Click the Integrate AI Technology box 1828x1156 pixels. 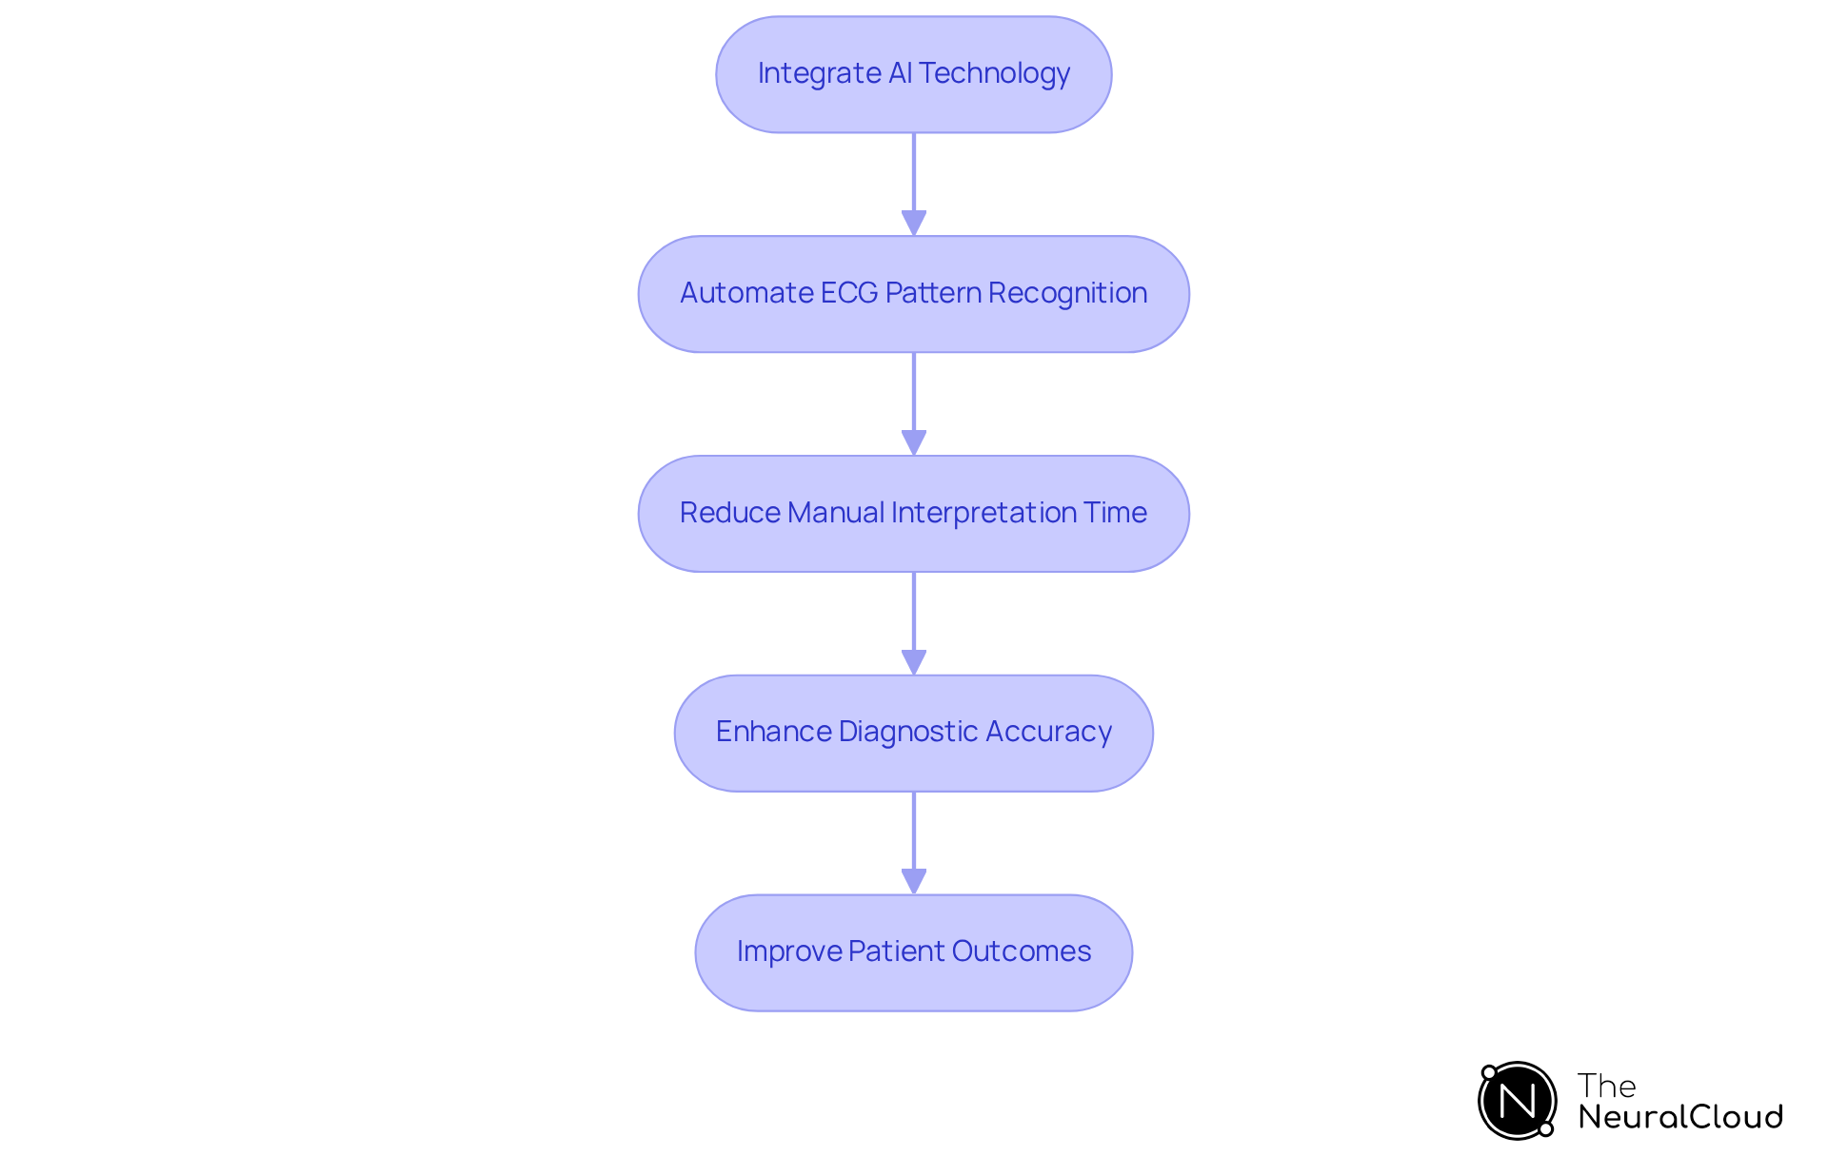pos(913,74)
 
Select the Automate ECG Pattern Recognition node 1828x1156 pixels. pos(913,294)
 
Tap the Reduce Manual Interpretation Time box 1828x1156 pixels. pos(913,514)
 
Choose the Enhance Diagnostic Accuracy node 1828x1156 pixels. pos(913,734)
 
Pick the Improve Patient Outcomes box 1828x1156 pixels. pos(913,952)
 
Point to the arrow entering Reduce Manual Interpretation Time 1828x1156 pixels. pos(914,403)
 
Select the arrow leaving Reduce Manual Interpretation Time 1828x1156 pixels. pos(914,623)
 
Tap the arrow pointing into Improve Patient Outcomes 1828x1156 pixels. pos(914,843)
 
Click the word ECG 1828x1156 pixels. pos(848,293)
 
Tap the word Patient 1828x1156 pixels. pos(895,951)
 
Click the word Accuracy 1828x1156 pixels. pos(1048,732)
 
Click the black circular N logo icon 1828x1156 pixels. pos(1517,1101)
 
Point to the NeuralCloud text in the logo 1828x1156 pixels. pos(1679,1117)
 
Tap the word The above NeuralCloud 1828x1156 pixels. pos(1606,1086)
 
